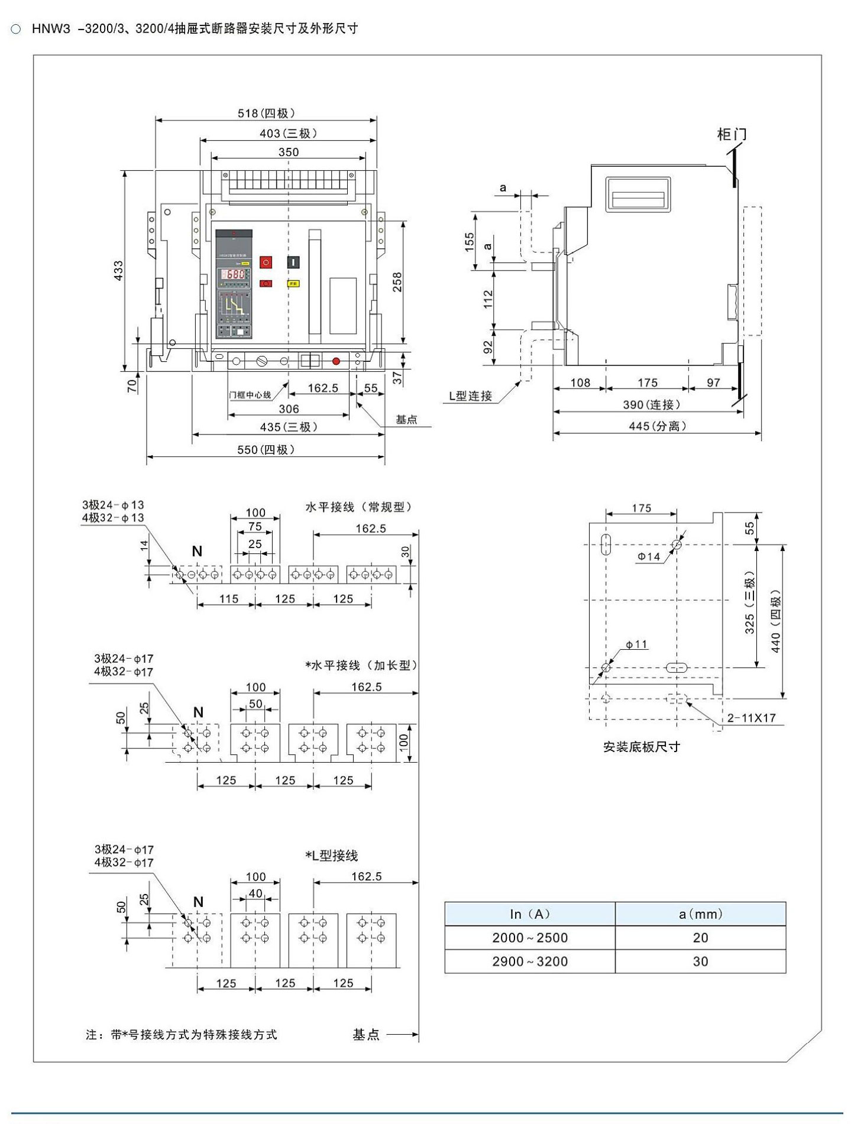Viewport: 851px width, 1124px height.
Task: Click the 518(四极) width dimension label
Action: point(266,113)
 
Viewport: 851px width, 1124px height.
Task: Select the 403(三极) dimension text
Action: point(288,133)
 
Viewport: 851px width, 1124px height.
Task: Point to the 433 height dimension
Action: point(119,270)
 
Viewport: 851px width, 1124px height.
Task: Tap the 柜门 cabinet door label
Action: point(732,134)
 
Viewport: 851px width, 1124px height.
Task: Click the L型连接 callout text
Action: point(471,396)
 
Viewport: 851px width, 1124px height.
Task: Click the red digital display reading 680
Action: point(235,274)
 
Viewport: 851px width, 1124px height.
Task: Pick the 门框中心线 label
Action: point(250,394)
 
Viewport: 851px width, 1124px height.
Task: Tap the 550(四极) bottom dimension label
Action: point(266,449)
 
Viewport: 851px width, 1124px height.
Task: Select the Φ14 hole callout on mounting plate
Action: point(649,556)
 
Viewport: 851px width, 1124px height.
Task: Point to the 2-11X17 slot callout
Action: point(751,718)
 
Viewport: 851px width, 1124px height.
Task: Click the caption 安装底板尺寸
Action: point(641,747)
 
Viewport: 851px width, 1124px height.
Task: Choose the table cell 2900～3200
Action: point(529,961)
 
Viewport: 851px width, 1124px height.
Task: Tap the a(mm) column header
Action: point(701,914)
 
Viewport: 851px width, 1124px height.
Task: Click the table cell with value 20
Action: point(701,938)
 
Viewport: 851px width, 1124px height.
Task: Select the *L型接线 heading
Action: point(332,856)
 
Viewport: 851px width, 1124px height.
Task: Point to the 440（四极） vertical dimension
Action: point(776,621)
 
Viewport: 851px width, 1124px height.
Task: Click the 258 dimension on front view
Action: point(397,281)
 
